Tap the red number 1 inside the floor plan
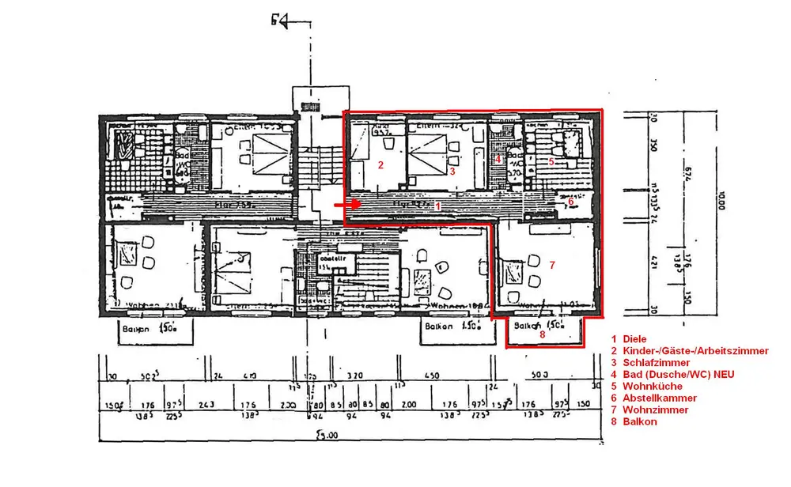(438, 205)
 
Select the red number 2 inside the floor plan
(380, 165)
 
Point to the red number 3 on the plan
(451, 170)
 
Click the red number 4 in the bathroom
(497, 159)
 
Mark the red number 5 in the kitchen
(551, 161)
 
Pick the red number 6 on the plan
(570, 202)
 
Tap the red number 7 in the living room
(552, 263)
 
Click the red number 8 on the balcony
(542, 334)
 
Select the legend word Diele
(634, 339)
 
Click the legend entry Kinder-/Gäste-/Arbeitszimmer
(695, 351)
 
